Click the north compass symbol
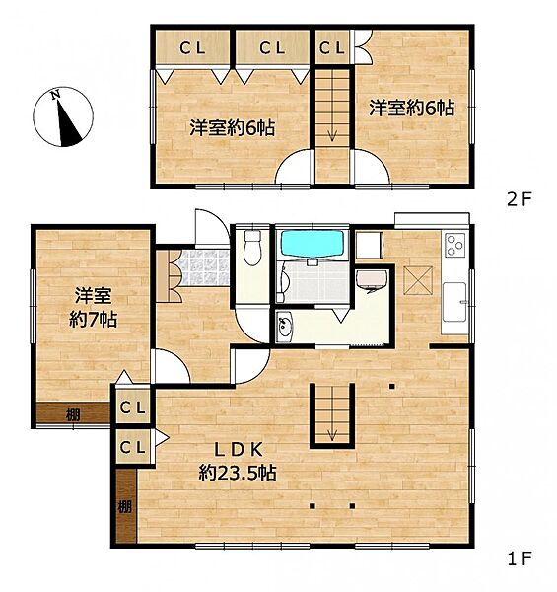[64, 116]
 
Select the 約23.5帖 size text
[237, 473]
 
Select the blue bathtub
[312, 243]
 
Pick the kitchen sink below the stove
[455, 300]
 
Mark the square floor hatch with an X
[417, 281]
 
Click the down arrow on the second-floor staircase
[332, 139]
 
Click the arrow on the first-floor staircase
[332, 432]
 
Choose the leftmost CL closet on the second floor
[192, 46]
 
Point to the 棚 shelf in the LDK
[124, 506]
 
